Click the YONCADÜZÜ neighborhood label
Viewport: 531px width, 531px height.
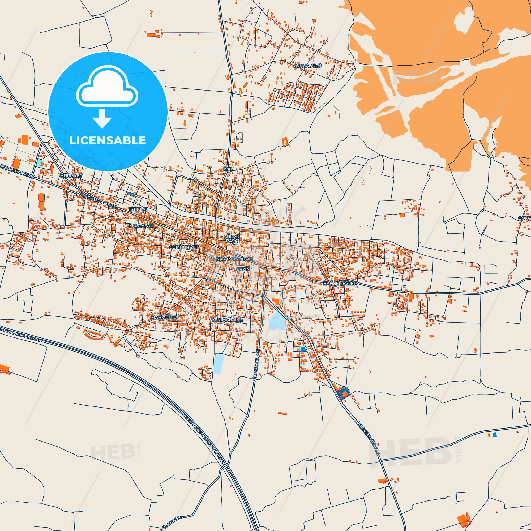pyautogui.click(x=307, y=66)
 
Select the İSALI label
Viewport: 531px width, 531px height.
pyautogui.click(x=229, y=169)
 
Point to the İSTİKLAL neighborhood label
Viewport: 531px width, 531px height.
pyautogui.click(x=139, y=209)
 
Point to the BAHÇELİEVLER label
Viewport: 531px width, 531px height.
pyautogui.click(x=340, y=283)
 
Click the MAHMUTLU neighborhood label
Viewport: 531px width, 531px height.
pyautogui.click(x=164, y=318)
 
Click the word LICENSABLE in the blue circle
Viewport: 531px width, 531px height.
pyautogui.click(x=108, y=140)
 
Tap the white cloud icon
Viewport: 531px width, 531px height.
pyautogui.click(x=108, y=88)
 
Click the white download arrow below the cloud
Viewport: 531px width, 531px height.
pyautogui.click(x=102, y=119)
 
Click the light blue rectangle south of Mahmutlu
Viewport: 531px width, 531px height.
pyautogui.click(x=219, y=364)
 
